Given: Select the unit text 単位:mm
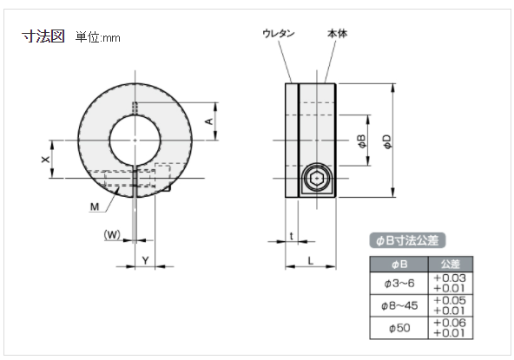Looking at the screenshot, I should click(x=97, y=37).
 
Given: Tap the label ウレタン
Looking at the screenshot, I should click(x=279, y=33).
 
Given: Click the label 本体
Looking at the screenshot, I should click(x=337, y=33).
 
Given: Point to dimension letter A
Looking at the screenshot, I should click(x=208, y=121).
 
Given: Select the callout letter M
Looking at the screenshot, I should click(x=93, y=206).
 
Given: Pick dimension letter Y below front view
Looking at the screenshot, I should click(x=145, y=260).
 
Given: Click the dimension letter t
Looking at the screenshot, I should click(x=291, y=236).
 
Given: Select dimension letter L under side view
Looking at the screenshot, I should click(x=310, y=260).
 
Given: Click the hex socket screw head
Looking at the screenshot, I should click(x=316, y=181).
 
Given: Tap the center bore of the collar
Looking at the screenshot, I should click(x=135, y=141).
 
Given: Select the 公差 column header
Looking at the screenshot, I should click(x=450, y=263).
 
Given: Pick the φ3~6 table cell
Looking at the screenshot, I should click(x=399, y=283).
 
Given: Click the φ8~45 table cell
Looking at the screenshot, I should click(x=399, y=305).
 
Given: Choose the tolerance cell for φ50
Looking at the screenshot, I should click(x=450, y=328).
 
